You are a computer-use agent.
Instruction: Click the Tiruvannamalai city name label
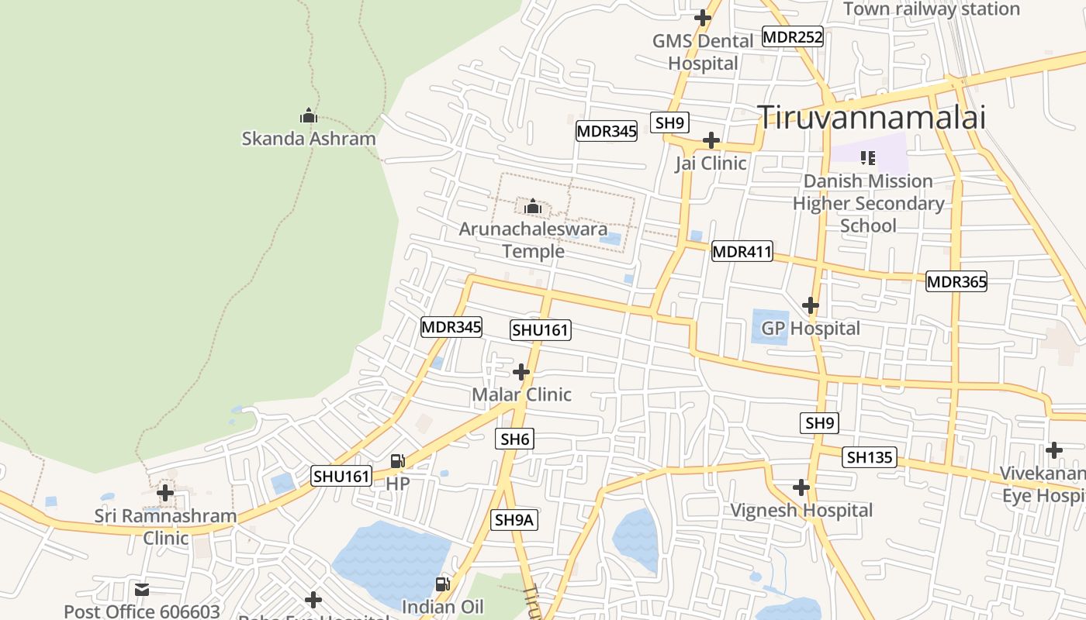(871, 118)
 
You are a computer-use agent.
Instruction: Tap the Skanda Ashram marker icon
(309, 116)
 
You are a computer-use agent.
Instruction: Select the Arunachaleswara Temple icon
(532, 207)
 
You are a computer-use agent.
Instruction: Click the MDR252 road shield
(792, 36)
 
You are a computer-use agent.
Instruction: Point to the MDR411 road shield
(742, 251)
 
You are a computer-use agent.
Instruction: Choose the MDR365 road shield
(956, 281)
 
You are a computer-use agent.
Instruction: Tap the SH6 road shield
(514, 439)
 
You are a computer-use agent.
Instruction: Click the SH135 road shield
(869, 457)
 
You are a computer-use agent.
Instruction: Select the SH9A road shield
(514, 520)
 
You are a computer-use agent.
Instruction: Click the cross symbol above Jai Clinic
(711, 140)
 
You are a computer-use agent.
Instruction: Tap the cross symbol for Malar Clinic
(521, 372)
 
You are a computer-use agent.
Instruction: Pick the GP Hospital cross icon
(811, 305)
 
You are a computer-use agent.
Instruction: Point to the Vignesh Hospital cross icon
(801, 487)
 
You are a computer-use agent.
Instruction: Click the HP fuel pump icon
(397, 461)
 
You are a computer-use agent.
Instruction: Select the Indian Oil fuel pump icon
(442, 584)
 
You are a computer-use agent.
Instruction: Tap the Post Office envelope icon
(141, 590)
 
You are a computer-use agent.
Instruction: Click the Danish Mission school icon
(868, 158)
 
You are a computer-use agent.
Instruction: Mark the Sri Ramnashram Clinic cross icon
(165, 492)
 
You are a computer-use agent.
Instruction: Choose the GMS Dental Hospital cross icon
(703, 17)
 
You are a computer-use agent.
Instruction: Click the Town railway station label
(931, 9)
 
